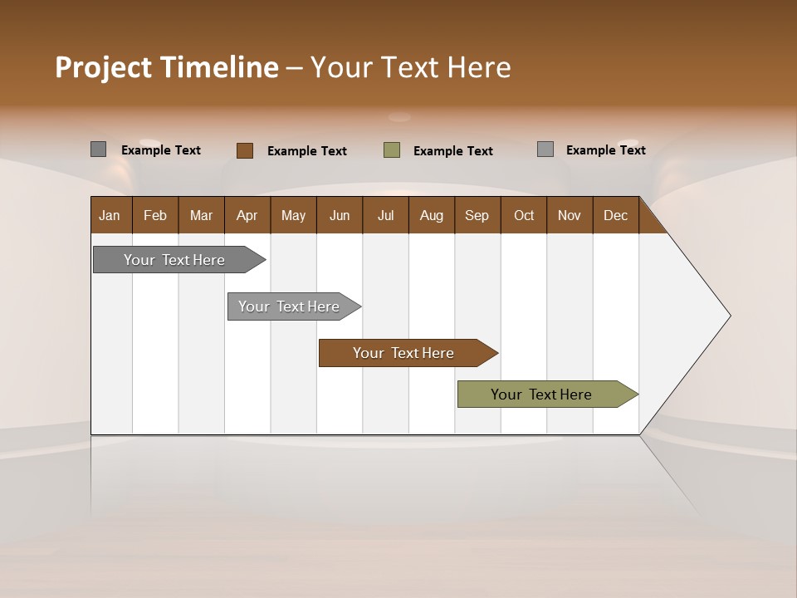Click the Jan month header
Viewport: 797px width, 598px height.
[x=110, y=215]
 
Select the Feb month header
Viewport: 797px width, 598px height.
[x=155, y=215]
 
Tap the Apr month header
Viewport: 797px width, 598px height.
[x=247, y=215]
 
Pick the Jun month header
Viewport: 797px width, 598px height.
[x=340, y=215]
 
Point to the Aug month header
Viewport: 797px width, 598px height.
[x=431, y=215]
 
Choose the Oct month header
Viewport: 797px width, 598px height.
[x=524, y=215]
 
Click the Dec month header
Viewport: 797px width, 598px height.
[x=615, y=215]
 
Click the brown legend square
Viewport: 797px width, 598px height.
[x=245, y=150]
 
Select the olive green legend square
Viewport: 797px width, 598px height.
[x=392, y=150]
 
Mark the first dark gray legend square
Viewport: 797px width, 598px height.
[x=98, y=149]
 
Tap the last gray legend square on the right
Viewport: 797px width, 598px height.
[x=545, y=149]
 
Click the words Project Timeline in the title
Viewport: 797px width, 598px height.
[x=167, y=67]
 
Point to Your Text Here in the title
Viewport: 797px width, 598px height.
[x=410, y=67]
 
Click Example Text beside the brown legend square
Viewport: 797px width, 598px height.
[x=306, y=151]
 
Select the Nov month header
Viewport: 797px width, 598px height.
[x=570, y=215]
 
